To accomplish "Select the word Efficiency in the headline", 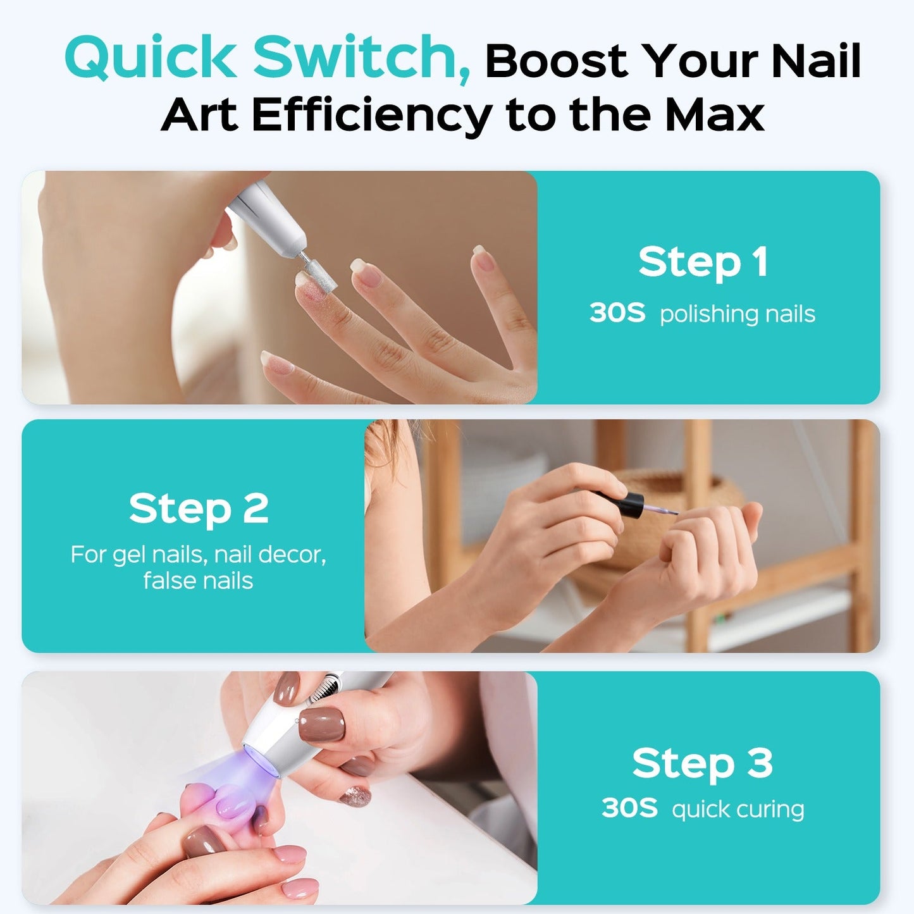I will pos(372,115).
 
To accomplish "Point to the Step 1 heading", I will pos(703,262).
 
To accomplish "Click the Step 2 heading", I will pos(199,509).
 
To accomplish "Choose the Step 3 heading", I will pos(702,763).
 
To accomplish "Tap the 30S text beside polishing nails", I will pos(617,313).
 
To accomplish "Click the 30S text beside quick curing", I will pos(629,808).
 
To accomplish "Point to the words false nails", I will pos(198,581).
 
